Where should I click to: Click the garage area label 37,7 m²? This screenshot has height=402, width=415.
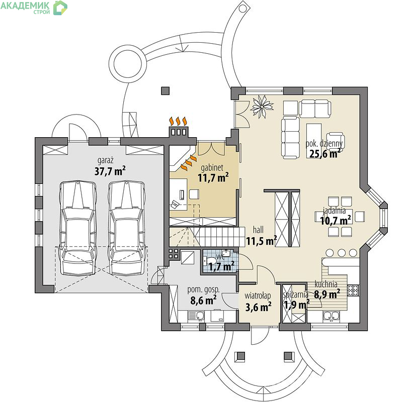pos(110,171)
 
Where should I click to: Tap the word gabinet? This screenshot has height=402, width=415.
pos(212,168)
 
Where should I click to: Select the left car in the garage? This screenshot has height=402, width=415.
pos(77,228)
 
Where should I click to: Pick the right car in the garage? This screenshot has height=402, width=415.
pos(127,228)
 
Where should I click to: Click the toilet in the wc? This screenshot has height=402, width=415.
pos(210,261)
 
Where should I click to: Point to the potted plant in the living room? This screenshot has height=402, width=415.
pos(262,107)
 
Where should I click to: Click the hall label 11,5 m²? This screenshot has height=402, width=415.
pos(262,241)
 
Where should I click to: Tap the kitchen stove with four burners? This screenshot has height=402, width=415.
pos(353,290)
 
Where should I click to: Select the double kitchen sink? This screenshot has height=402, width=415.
pos(331,316)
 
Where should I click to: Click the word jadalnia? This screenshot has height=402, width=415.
pos(335,211)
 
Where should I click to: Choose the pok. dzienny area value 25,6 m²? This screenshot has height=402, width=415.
pos(325,153)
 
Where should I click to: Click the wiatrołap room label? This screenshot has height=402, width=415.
pos(258,295)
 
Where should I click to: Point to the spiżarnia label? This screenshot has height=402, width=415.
pos(296,294)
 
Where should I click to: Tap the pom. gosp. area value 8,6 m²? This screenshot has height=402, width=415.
pos(203,300)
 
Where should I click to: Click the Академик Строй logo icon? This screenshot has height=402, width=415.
pos(60,8)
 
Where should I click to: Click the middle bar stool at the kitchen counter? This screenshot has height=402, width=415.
pos(342,253)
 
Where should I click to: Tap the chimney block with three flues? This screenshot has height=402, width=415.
pos(179,132)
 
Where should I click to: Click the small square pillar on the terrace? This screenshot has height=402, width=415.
pos(165,90)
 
